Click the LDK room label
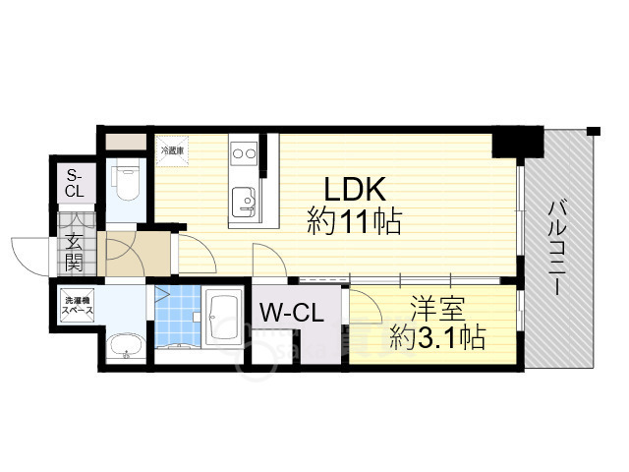(x=354, y=189)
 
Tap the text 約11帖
(x=354, y=222)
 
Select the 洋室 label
(x=437, y=309)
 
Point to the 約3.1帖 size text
(x=438, y=337)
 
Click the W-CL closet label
(x=292, y=313)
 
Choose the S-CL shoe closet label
(x=75, y=183)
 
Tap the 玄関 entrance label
(x=75, y=253)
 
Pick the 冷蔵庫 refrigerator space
(x=172, y=150)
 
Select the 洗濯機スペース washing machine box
(x=77, y=306)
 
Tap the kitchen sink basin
(x=244, y=203)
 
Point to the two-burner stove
(x=245, y=153)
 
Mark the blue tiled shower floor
(x=177, y=316)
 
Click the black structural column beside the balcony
(x=517, y=143)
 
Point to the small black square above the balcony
(x=594, y=131)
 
